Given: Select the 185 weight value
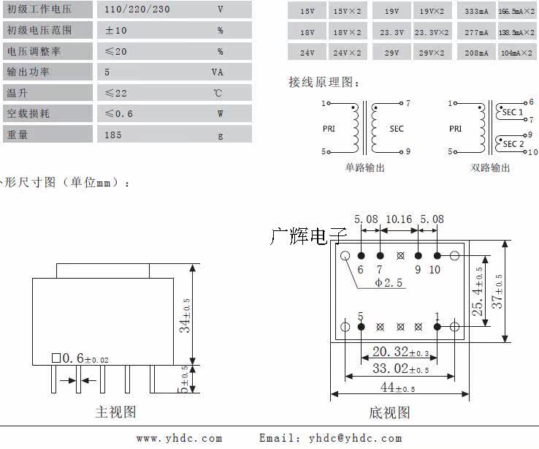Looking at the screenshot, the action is (113, 135).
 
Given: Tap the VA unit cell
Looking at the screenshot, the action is (218, 72).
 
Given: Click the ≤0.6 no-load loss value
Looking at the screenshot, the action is (118, 114).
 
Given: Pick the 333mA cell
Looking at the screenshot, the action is (476, 12).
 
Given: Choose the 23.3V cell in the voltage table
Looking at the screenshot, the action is (391, 33).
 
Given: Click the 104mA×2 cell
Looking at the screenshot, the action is (518, 54).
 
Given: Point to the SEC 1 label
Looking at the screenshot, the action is (512, 112).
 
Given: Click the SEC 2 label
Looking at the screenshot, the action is (513, 144).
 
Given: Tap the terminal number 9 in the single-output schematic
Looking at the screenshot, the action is (408, 152).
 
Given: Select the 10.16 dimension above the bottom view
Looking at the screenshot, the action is (399, 219).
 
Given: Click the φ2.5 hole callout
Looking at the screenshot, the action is (389, 282).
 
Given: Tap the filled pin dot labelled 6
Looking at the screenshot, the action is (362, 256).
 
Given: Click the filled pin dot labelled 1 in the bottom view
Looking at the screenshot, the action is (437, 326).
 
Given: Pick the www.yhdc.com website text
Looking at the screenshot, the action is (179, 438).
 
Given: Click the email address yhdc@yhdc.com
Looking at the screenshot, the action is (355, 438).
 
